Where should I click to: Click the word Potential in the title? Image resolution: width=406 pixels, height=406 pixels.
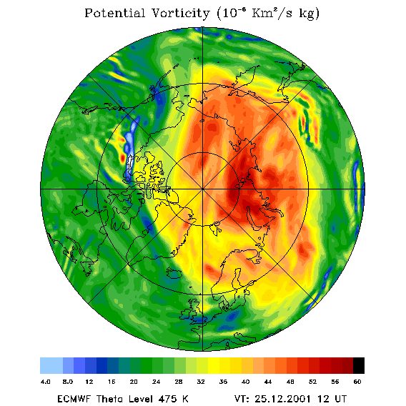coord(114,13)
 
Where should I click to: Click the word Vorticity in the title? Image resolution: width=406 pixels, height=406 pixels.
coord(180,13)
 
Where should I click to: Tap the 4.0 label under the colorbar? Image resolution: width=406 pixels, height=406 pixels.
coord(45,382)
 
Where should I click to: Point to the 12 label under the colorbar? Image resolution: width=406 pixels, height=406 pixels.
coord(89,382)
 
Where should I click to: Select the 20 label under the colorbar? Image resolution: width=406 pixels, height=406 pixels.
coord(134,382)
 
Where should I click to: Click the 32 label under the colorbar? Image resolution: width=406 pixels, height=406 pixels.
coord(201,382)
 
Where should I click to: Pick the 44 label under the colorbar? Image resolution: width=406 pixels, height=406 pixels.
coord(268,382)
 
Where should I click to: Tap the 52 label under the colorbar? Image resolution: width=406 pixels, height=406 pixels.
coord(312,382)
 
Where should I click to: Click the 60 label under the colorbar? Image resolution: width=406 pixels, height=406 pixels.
coord(357,382)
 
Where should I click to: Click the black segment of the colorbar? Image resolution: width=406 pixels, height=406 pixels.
coord(359,365)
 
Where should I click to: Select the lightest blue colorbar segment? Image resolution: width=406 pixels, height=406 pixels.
coord(51,365)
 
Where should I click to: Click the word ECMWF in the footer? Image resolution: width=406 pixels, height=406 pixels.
coord(74,399)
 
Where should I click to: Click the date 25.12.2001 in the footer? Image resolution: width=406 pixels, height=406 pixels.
coord(283,399)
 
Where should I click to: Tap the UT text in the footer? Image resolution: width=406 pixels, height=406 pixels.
coord(340,399)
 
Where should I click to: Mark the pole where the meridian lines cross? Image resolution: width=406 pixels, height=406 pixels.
coord(203,189)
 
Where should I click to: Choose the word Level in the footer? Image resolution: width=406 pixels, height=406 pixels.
coord(140,399)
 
